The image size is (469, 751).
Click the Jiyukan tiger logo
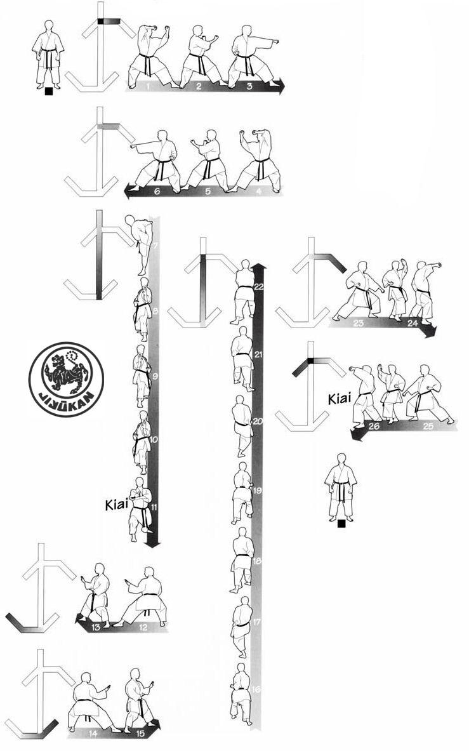[x=66, y=379]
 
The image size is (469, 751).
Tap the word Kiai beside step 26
[x=340, y=397]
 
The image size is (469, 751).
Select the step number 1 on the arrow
[x=149, y=86]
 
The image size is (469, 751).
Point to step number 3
[x=249, y=86]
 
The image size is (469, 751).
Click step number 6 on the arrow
[x=157, y=190]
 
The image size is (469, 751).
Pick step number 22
[x=259, y=287]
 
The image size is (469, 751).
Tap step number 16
[x=256, y=689]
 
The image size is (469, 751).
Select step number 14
[x=93, y=733]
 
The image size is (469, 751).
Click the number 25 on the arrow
[x=428, y=426]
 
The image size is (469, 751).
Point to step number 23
[x=359, y=323]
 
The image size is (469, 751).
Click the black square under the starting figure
[x=48, y=91]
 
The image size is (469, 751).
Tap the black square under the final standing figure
[x=341, y=524]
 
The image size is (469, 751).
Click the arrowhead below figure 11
[x=153, y=543]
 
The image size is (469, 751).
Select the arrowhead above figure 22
[x=259, y=266]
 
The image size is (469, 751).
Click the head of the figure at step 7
[x=129, y=220]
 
